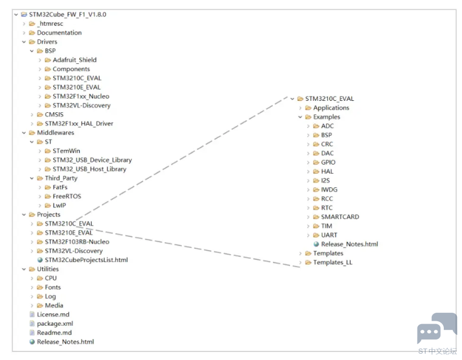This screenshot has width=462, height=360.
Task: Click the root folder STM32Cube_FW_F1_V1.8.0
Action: [x=63, y=14]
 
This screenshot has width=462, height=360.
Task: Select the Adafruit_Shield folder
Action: [x=74, y=60]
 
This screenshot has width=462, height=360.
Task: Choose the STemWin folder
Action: [x=66, y=151]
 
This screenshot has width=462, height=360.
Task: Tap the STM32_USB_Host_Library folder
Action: [x=89, y=169]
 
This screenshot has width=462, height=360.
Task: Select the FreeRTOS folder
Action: [x=67, y=197]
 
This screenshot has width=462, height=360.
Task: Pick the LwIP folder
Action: [x=60, y=206]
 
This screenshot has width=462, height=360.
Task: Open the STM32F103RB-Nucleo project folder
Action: [x=77, y=242]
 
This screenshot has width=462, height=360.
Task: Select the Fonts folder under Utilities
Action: [x=52, y=287]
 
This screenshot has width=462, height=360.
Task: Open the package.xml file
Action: [x=55, y=324]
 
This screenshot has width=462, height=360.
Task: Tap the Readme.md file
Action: [x=54, y=333]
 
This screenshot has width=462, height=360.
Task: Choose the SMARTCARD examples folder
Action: [x=340, y=216]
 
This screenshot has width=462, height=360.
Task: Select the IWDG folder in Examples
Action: [x=329, y=189]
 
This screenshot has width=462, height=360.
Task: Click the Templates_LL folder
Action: [x=332, y=262]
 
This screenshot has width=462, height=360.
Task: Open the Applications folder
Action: [x=330, y=108]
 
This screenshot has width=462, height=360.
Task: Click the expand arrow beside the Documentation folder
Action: [x=24, y=32]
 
